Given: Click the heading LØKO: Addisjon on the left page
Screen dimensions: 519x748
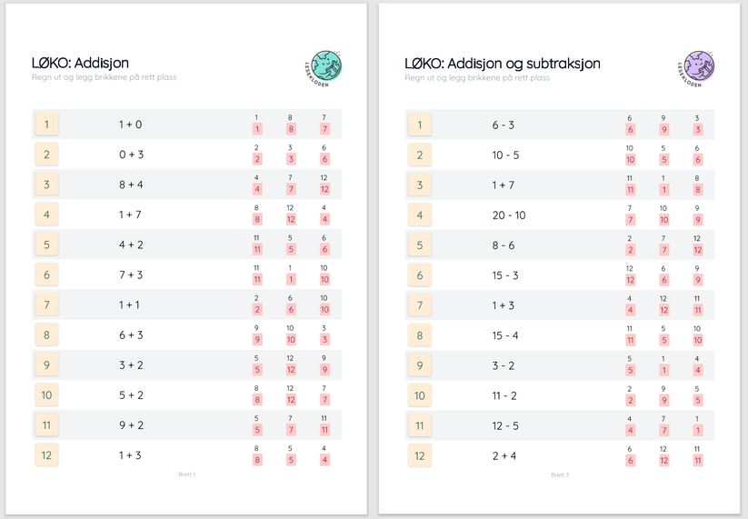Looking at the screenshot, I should click(80, 63).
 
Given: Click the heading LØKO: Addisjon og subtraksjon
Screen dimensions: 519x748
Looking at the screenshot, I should click(502, 64).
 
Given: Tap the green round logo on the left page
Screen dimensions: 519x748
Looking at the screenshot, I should click(324, 66).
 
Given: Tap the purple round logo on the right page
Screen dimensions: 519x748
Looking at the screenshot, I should click(698, 67).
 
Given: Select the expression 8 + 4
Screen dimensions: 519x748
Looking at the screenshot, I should click(131, 185).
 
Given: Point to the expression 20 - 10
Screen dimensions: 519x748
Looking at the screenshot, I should click(508, 215).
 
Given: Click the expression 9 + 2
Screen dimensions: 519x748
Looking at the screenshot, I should click(131, 425).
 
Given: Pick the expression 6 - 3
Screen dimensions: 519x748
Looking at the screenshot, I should click(504, 125).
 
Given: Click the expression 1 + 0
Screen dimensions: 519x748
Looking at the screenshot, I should click(131, 125).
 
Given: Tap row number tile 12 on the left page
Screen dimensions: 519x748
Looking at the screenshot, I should click(47, 455).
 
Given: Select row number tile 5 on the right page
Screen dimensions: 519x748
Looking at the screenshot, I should click(420, 245).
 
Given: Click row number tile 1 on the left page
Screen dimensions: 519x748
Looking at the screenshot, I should click(47, 125).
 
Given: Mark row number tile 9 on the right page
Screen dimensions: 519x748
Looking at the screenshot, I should click(420, 365).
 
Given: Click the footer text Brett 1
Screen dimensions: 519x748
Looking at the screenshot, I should click(186, 474).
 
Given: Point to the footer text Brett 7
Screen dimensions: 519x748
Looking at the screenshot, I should click(560, 474).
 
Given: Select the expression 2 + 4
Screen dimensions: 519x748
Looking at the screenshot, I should click(504, 455).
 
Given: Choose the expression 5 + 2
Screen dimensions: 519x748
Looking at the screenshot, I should click(131, 395).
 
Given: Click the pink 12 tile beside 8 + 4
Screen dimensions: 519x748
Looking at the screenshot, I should click(324, 189).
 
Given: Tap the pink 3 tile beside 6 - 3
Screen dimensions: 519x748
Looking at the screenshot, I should click(697, 130).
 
